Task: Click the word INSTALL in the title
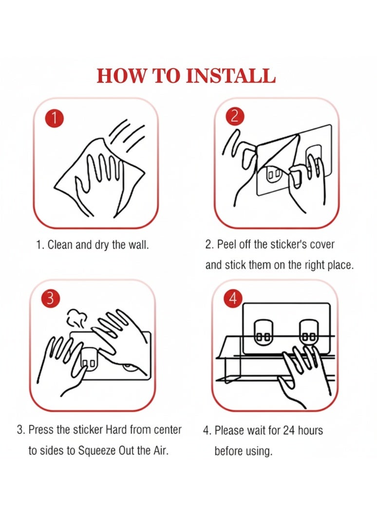pyautogui.click(x=230, y=76)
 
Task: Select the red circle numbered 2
pyautogui.click(x=235, y=116)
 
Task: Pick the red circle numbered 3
pyautogui.click(x=50, y=299)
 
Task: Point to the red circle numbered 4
pyautogui.click(x=233, y=299)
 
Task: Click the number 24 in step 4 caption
pyautogui.click(x=289, y=430)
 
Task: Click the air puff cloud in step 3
pyautogui.click(x=76, y=318)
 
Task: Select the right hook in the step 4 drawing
pyautogui.click(x=309, y=332)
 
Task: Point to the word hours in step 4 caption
pyautogui.click(x=310, y=430)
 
